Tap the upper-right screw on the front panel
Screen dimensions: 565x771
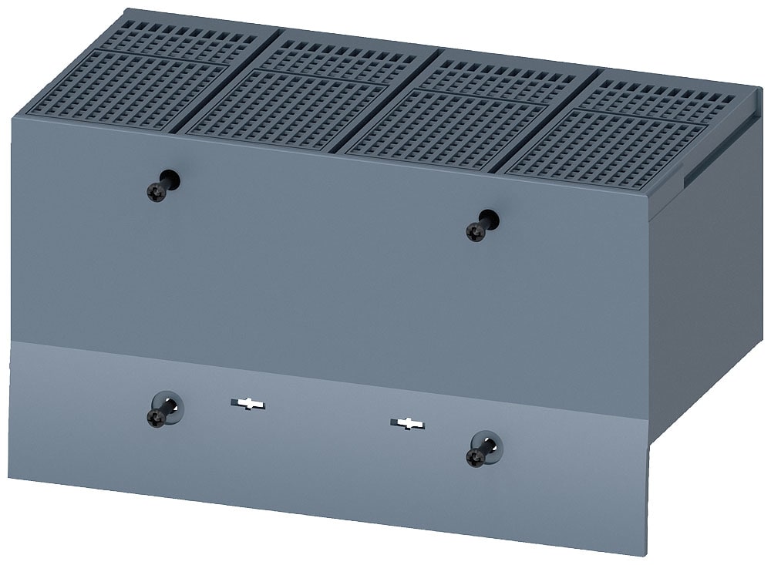click(477, 230)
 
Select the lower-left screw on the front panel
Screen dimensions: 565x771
click(157, 417)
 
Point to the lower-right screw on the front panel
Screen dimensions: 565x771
click(477, 457)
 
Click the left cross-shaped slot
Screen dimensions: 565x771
click(247, 403)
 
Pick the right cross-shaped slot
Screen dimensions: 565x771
click(407, 423)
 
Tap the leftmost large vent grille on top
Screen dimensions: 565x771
click(127, 89)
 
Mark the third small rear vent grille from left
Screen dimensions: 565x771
click(505, 77)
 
